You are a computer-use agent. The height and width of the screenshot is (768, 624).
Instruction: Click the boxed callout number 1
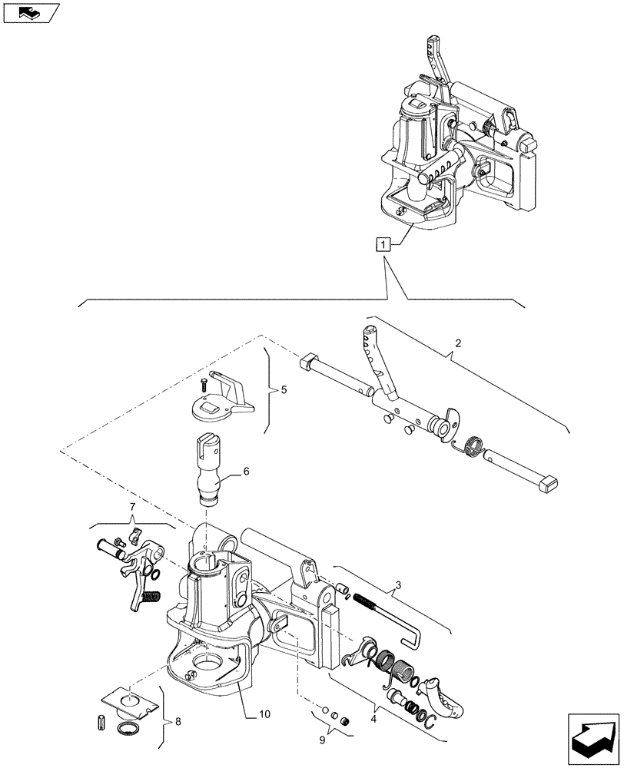point(383,244)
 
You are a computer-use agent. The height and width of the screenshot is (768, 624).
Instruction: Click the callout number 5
point(284,390)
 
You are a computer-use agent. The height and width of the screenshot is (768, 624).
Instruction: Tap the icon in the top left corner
point(29,12)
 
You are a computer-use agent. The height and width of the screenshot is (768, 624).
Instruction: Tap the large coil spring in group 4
point(389,659)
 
